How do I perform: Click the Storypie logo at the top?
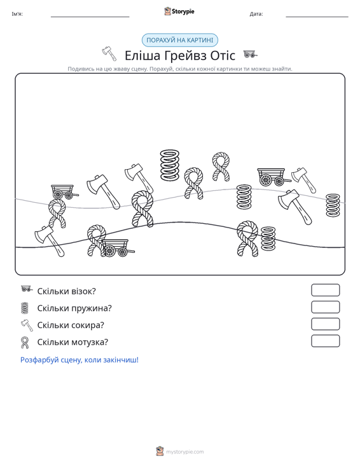(179, 11)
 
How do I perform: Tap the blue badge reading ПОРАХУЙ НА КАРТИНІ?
(180, 40)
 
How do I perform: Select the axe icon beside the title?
(109, 53)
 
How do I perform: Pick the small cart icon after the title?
(251, 54)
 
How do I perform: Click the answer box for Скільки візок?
(325, 290)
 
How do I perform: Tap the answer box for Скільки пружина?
(325, 307)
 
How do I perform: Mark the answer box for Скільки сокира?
(325, 324)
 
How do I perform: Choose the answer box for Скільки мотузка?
(325, 341)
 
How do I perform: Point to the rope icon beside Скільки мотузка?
(25, 342)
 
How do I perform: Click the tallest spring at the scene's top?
(170, 165)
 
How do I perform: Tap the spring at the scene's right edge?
(333, 205)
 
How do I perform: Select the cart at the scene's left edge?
(64, 192)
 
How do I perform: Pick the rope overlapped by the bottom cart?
(96, 240)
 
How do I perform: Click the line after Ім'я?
(90, 17)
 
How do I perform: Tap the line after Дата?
(317, 17)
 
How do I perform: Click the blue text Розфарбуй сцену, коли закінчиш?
(80, 360)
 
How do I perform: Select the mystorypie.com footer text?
(184, 452)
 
